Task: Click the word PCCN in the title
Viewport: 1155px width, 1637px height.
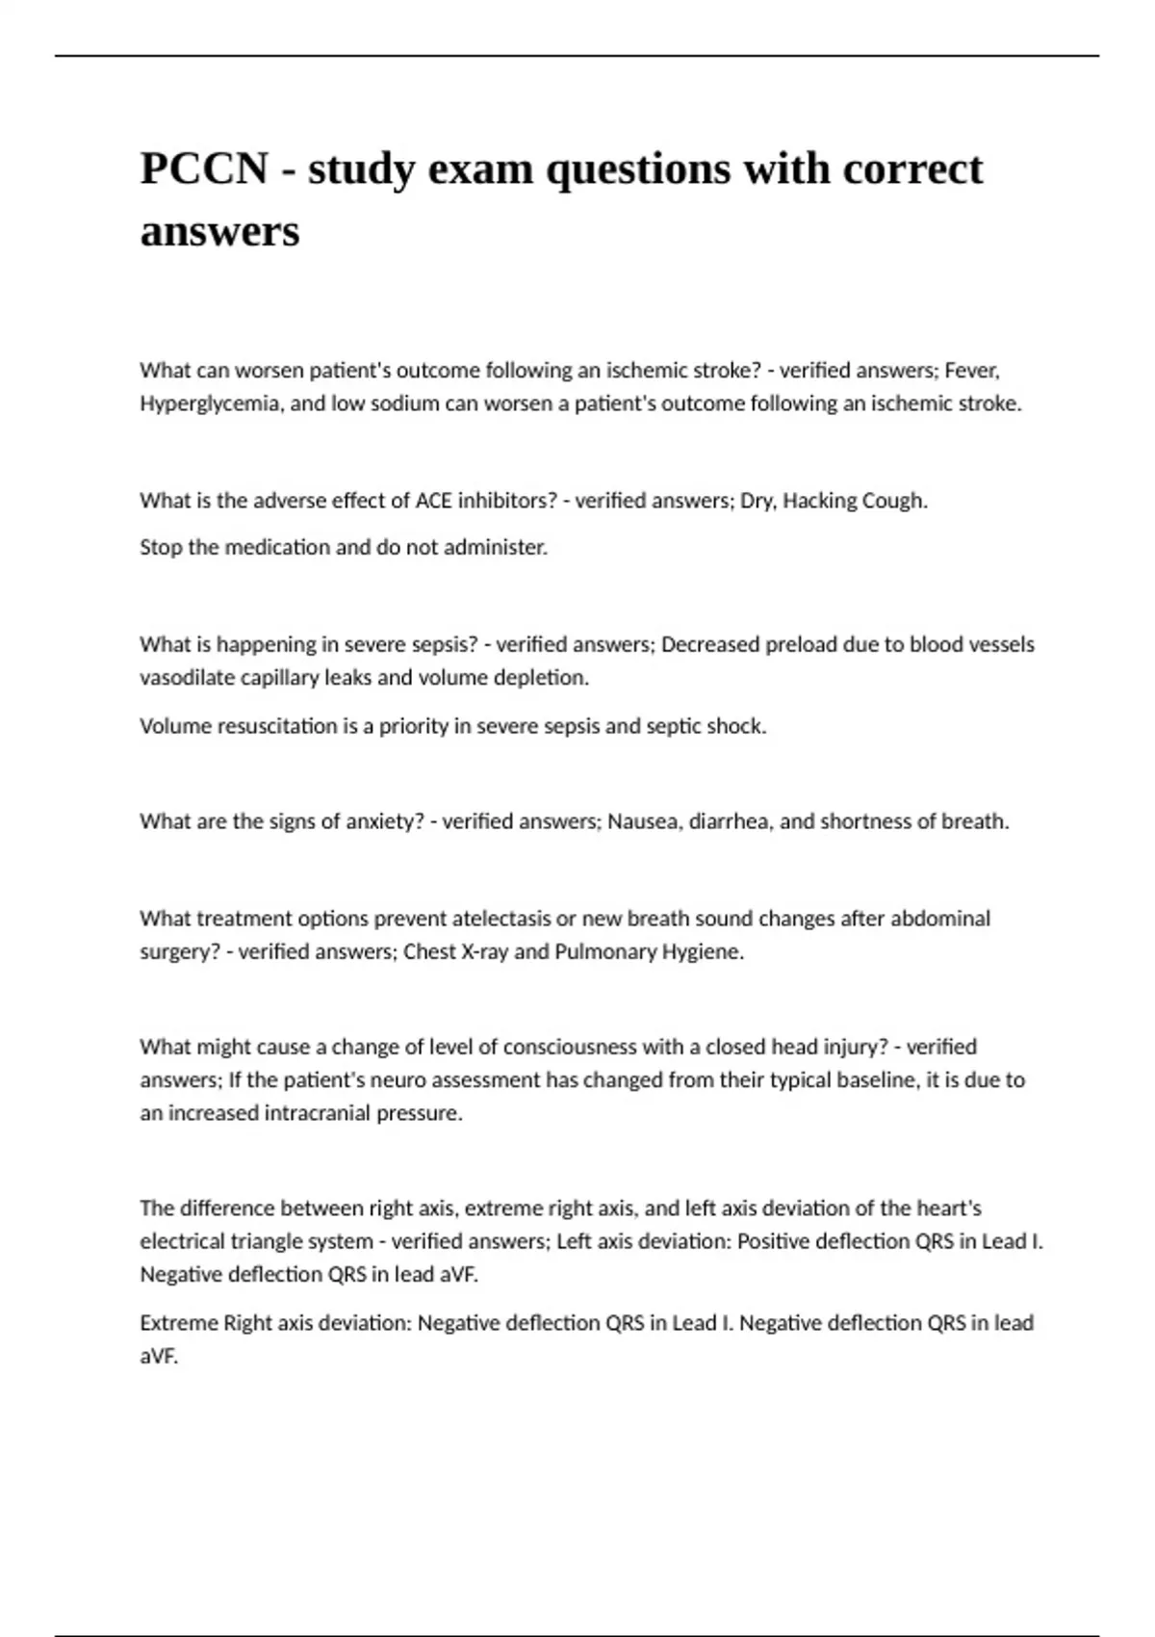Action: click(204, 169)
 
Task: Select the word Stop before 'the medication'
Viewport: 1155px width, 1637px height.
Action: click(161, 548)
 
